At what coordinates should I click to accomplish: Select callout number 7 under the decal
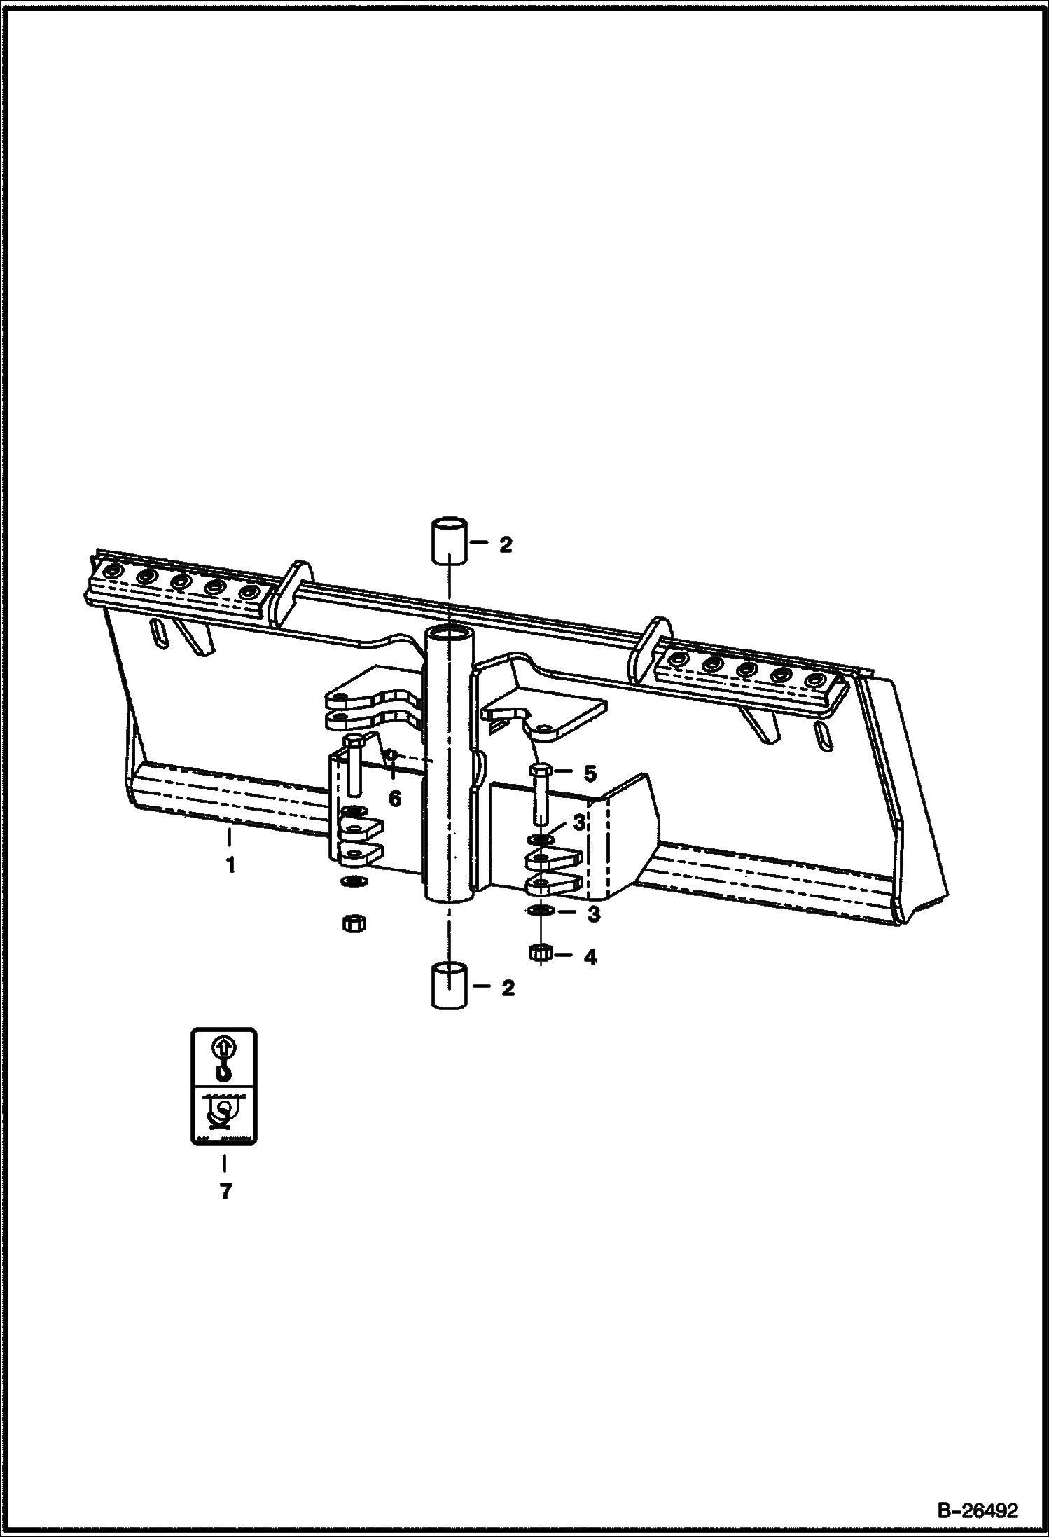[225, 1191]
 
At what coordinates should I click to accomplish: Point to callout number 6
[395, 798]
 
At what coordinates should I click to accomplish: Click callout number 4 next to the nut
[590, 957]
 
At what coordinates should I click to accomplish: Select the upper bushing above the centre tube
[449, 541]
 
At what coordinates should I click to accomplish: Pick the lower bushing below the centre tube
[449, 985]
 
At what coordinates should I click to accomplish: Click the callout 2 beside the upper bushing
[506, 544]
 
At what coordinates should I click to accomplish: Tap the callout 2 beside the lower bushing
[508, 988]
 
